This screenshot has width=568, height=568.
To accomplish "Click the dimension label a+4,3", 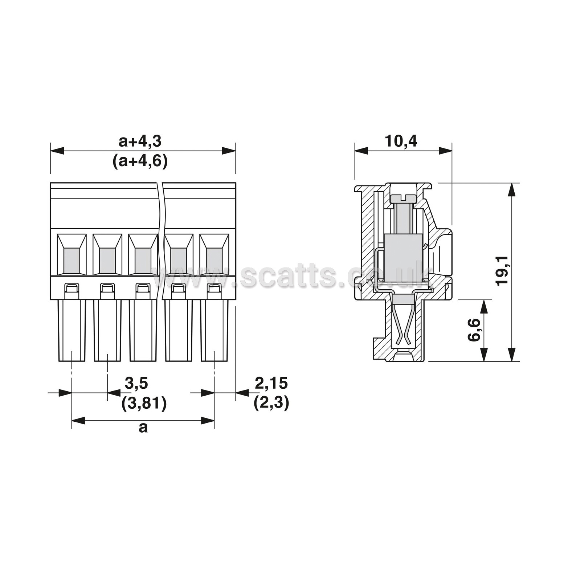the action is click(140, 142).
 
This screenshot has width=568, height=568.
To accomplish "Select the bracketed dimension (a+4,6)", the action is click(140, 162).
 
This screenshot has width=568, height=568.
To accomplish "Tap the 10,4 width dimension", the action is click(401, 141).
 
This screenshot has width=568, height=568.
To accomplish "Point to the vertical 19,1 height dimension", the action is click(503, 270).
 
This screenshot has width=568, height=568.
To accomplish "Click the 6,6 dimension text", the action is click(474, 330).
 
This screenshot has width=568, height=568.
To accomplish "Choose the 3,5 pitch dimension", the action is click(136, 383).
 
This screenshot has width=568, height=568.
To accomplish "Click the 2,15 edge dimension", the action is click(271, 383).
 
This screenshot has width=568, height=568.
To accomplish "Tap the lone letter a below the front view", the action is click(143, 428).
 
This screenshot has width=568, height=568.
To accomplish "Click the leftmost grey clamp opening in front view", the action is click(71, 261).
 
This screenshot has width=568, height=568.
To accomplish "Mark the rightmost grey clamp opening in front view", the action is click(214, 261).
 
